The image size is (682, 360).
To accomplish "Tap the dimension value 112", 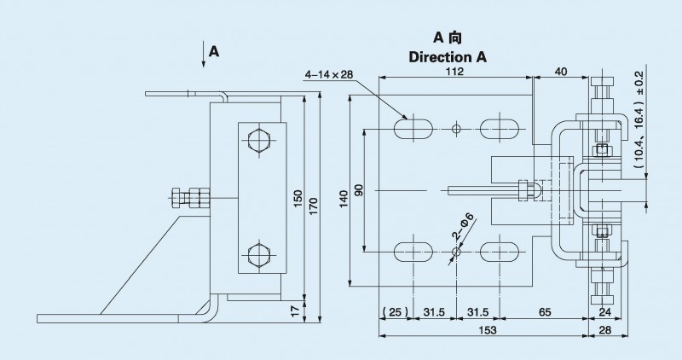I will point(454,73).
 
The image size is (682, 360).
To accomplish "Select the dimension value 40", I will point(560,73).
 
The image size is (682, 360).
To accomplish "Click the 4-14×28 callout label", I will point(329,75).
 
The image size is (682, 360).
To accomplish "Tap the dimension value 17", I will point(298,310).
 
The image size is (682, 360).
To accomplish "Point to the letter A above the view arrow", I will point(214,52).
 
